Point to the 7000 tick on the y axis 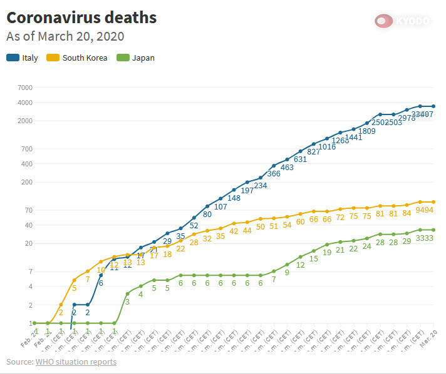[x=24, y=87]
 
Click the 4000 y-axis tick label [x=24, y=103]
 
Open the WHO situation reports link [x=76, y=362]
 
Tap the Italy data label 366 [x=274, y=174]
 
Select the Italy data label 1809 [x=367, y=131]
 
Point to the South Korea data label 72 [x=341, y=218]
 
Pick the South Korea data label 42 [x=234, y=231]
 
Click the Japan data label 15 [x=314, y=259]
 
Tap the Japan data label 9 [x=287, y=273]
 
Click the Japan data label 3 [x=127, y=302]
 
